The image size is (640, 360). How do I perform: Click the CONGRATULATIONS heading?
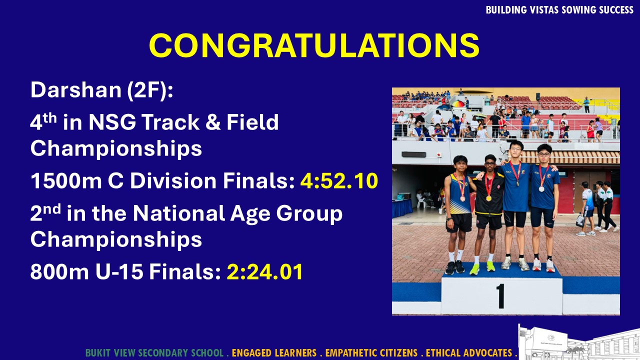pyautogui.click(x=314, y=45)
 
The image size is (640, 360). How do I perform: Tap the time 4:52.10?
pyautogui.click(x=339, y=180)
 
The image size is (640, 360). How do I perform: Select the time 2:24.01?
pyautogui.click(x=264, y=271)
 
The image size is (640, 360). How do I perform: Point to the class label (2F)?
pyautogui.click(x=150, y=90)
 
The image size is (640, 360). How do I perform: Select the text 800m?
pyautogui.click(x=59, y=271)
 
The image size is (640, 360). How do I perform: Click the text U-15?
pyautogui.click(x=119, y=271)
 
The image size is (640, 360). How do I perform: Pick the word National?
pyautogui.click(x=179, y=213)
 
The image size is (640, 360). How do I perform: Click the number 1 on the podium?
pyautogui.click(x=500, y=296)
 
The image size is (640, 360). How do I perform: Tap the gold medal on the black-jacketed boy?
pyautogui.click(x=488, y=197)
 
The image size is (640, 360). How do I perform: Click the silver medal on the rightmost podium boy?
pyautogui.click(x=541, y=189)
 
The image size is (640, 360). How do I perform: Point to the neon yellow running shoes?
pyautogui.click(x=482, y=268)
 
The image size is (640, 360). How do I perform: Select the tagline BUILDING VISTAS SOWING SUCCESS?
pyautogui.click(x=559, y=10)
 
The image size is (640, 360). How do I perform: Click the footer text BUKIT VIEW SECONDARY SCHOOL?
pyautogui.click(x=154, y=353)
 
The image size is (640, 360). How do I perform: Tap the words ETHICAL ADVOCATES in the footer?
pyautogui.click(x=469, y=353)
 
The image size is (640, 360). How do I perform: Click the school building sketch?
pyautogui.click(x=579, y=343)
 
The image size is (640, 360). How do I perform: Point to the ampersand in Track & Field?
pyautogui.click(x=213, y=122)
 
